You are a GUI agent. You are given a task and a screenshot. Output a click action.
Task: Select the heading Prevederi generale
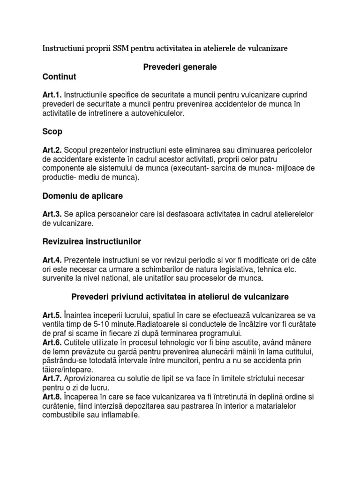pos(180,67)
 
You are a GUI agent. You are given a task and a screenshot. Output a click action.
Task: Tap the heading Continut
pos(59,76)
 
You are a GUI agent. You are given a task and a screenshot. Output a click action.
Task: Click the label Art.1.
pos(52,95)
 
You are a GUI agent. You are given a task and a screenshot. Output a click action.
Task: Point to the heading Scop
pos(52,132)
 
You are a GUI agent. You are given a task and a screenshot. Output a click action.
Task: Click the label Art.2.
pos(52,150)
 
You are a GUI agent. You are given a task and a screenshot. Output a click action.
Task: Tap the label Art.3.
pos(52,214)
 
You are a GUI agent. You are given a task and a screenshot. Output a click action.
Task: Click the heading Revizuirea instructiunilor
pos(91,241)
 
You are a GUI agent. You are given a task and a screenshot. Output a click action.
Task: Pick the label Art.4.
pos(52,260)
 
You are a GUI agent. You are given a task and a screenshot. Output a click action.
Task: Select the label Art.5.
pos(52,315)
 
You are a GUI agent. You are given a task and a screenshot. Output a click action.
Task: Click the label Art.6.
pos(52,343)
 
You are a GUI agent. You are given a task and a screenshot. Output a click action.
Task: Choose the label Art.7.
pos(52,379)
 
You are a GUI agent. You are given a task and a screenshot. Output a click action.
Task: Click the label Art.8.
pos(52,397)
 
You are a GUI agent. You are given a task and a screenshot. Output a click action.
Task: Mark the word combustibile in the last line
pos(63,415)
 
